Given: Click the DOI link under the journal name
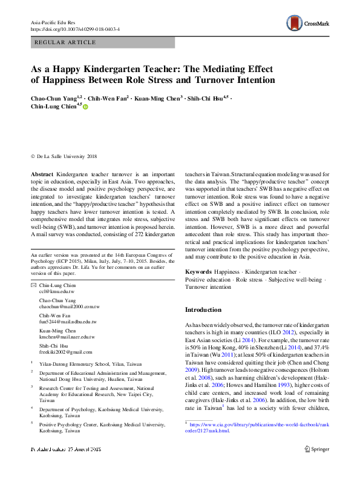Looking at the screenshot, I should [75, 28].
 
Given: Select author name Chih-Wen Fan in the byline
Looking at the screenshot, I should [105, 97].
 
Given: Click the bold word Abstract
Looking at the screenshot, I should [42, 174].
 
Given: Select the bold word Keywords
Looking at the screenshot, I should [198, 273].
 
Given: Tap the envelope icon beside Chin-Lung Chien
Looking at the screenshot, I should [33, 285].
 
